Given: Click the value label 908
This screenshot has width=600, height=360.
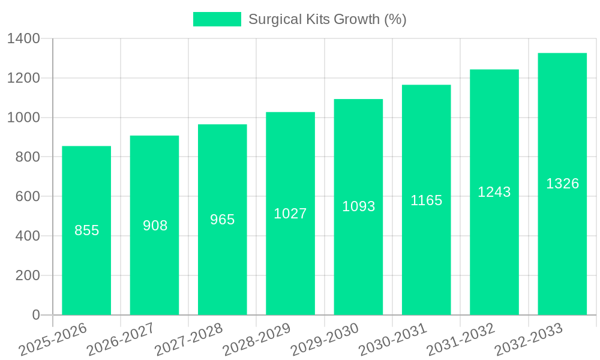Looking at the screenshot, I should (x=155, y=226).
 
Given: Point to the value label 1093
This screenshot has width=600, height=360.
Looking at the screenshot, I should (x=358, y=206).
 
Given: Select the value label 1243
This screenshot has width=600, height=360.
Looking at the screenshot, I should (x=494, y=192).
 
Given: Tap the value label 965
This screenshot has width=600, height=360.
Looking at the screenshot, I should (x=222, y=220).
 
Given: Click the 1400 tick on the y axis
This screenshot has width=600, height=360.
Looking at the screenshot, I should (x=23, y=38).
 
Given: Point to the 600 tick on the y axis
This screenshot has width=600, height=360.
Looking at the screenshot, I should (x=27, y=196).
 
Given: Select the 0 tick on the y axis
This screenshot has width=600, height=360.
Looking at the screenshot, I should (x=35, y=315).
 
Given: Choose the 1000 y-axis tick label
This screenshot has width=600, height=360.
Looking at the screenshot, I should (x=23, y=118).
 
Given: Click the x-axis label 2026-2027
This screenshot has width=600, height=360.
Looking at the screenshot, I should (x=121, y=340).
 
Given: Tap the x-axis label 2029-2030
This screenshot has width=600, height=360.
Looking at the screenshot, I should (x=325, y=340).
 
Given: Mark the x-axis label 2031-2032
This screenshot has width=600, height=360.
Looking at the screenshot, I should (x=461, y=340).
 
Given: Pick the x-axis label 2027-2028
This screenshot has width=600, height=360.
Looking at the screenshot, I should (x=188, y=340).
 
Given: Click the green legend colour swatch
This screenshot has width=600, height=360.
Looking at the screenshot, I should (x=217, y=19).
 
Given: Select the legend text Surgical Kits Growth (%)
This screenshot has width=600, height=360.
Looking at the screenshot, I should (x=327, y=19).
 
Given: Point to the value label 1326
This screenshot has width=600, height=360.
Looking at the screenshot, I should (x=562, y=184).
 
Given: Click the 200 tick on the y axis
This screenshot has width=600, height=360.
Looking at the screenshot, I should (x=27, y=275).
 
